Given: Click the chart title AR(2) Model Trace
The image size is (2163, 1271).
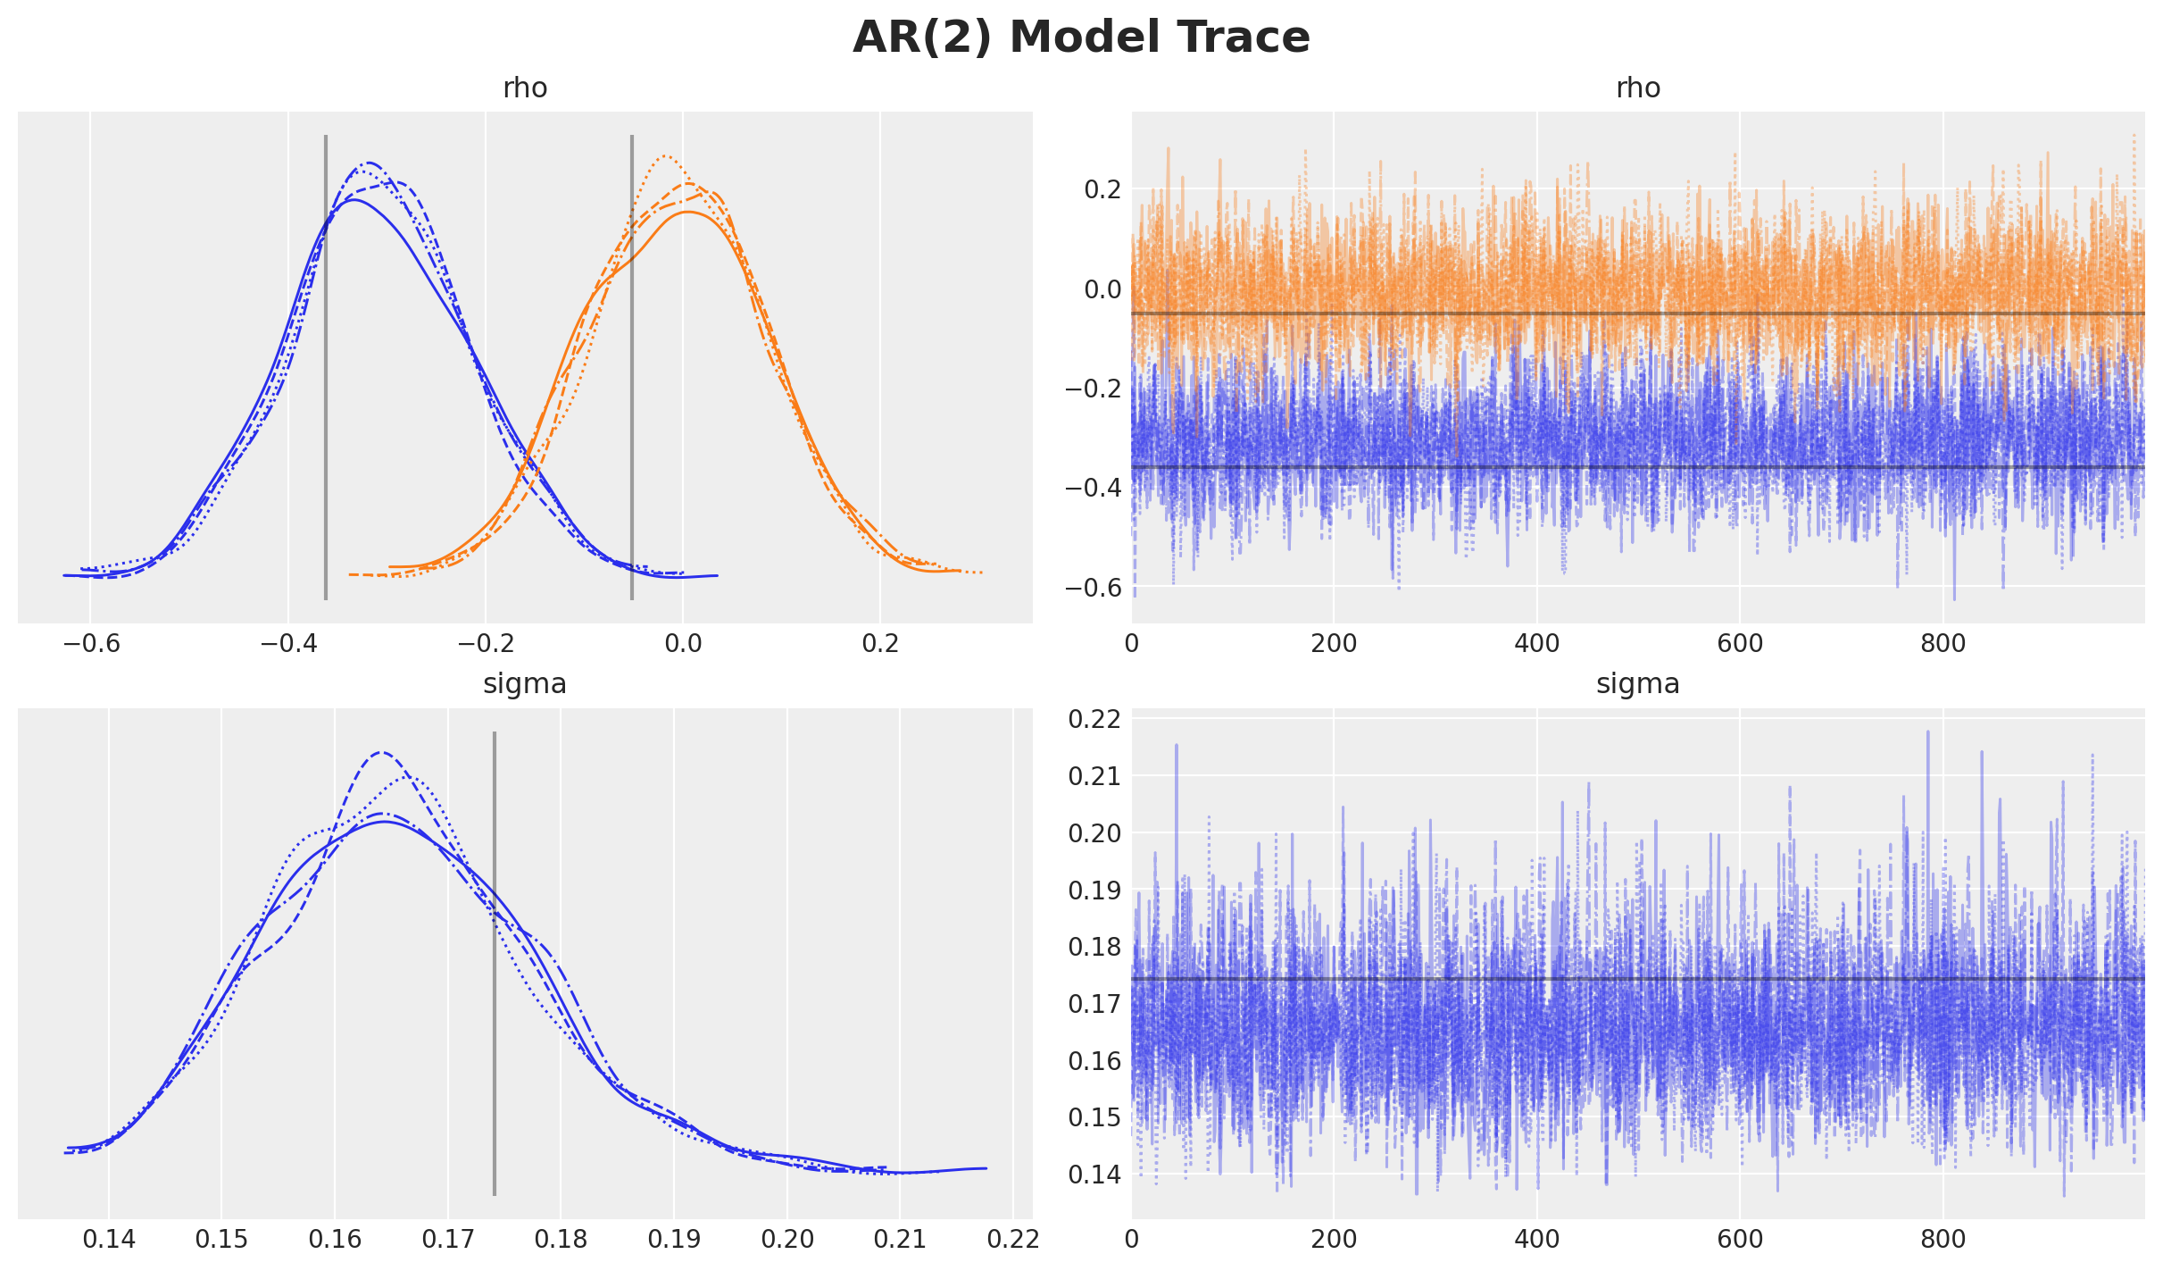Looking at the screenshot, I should (1081, 38).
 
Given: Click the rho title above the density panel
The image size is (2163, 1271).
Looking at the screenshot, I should (525, 88).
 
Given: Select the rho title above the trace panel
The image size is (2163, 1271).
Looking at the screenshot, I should (1638, 88).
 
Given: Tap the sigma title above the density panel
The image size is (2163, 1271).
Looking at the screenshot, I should (525, 684).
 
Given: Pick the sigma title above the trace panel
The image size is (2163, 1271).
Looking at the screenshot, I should (1638, 684).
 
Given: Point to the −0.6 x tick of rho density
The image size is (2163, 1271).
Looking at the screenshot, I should (89, 643).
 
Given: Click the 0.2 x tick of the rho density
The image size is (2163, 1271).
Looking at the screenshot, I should (880, 643).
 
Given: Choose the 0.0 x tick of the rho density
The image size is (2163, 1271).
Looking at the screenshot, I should (683, 643).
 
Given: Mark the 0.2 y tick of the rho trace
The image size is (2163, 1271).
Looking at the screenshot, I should (1102, 189).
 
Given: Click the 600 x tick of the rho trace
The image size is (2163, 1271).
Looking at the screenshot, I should (1740, 643).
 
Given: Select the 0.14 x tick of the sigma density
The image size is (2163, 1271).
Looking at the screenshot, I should (109, 1239).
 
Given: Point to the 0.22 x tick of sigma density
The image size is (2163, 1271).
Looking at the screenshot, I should (1013, 1239).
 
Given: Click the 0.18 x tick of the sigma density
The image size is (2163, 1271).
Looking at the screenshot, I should (561, 1239).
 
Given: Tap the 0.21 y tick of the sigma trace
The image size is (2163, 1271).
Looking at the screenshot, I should (1094, 776).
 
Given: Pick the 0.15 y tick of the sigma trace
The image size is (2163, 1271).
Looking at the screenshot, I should (1094, 1117).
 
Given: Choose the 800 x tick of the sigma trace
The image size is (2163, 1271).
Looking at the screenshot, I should (1943, 1239).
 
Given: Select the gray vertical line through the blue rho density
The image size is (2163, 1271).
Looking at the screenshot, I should (326, 366).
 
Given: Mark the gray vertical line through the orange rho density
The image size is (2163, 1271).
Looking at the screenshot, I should (632, 366).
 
